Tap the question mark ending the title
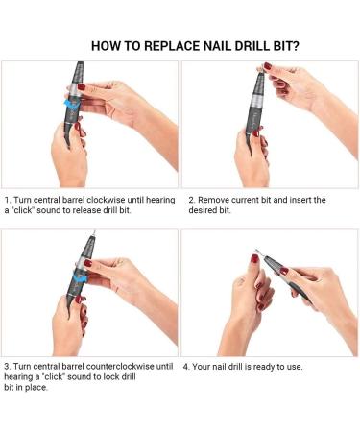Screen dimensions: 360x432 point(295,46)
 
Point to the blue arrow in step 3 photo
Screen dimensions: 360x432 point(79,277)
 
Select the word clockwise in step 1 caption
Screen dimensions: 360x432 point(106,200)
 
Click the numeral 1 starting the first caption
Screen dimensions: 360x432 point(7,200)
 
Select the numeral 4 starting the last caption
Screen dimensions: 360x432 point(186,367)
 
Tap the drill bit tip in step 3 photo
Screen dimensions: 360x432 point(94,232)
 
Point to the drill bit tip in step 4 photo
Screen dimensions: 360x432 point(256,250)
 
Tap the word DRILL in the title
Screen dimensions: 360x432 point(252,46)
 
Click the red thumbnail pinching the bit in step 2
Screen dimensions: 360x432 point(268,66)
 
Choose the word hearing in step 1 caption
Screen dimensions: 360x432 point(160,200)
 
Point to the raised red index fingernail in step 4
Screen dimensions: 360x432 point(254,258)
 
